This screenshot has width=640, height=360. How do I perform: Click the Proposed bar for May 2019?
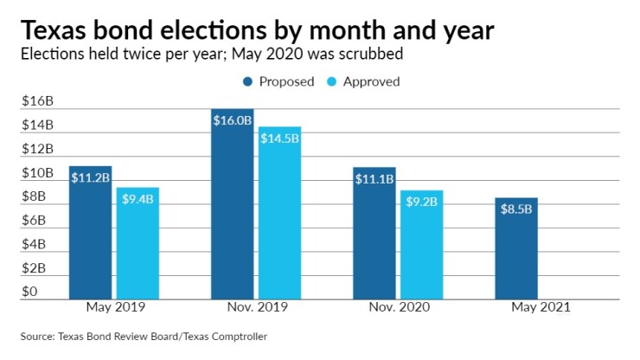(x=91, y=232)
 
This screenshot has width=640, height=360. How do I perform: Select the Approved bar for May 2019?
(x=138, y=243)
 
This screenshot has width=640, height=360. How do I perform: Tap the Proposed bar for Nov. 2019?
(x=233, y=204)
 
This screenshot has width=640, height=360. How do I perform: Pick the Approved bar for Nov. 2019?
(x=279, y=213)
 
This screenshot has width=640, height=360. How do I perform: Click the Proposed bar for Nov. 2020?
(x=374, y=233)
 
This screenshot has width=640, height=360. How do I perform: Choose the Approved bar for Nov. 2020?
(x=421, y=245)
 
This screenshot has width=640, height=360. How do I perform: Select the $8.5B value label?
(x=516, y=209)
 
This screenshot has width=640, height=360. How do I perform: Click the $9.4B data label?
(x=138, y=199)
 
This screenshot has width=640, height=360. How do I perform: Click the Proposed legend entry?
(x=273, y=81)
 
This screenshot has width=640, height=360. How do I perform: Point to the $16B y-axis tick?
(x=37, y=100)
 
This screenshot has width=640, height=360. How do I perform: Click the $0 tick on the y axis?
(x=29, y=292)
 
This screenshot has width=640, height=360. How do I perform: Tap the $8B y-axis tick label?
(x=35, y=196)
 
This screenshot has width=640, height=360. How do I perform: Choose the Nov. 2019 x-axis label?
(x=257, y=307)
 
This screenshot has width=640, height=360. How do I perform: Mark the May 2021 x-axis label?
(x=541, y=307)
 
